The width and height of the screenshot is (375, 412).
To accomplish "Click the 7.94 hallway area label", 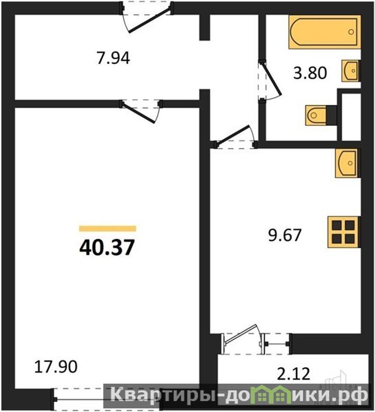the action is pos(113,58).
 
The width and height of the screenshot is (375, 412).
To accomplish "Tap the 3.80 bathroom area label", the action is pos(310,73).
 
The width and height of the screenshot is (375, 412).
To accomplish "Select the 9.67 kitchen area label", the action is pos(285,235).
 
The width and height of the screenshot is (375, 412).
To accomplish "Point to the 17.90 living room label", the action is pos(56,367).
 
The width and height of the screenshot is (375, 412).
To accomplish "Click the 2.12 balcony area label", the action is pos(293,374).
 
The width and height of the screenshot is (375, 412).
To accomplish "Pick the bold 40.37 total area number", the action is pos(107,248).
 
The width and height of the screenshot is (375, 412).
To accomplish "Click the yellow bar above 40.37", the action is pos(107,228).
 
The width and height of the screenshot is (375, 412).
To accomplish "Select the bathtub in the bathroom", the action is pos(325,32).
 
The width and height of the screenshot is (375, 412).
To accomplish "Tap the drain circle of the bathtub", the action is pos(351,32).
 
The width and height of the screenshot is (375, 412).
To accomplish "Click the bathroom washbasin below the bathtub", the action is pos(351,71).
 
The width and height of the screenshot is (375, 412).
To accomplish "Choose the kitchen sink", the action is pos(347,163).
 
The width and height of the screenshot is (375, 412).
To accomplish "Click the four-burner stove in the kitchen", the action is pos(343,232).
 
